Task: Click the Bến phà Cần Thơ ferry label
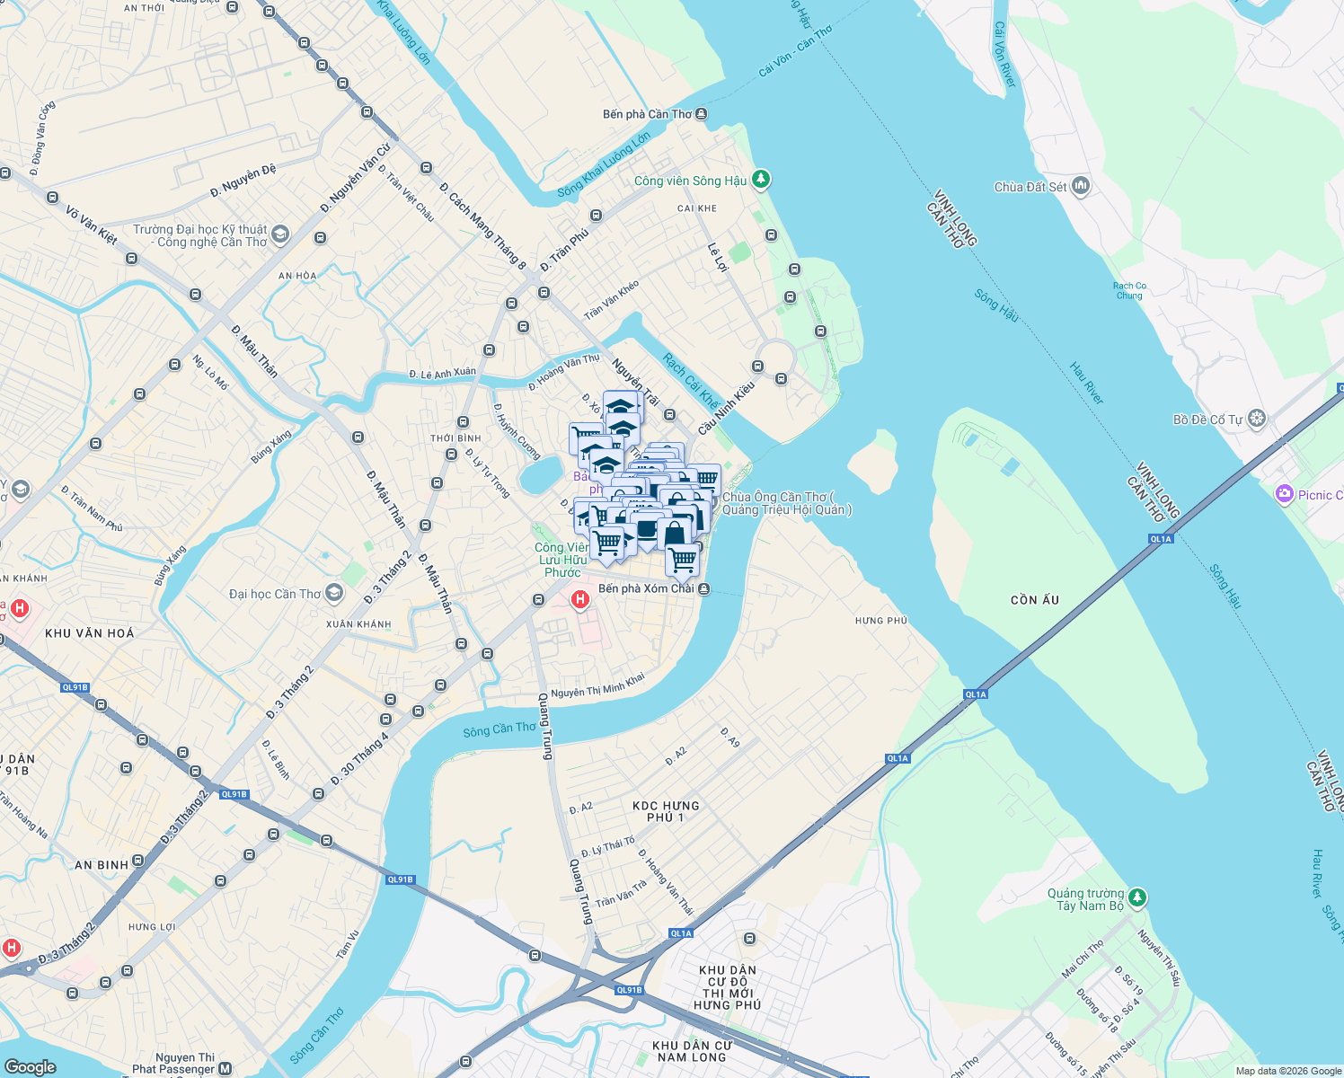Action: pyautogui.click(x=647, y=114)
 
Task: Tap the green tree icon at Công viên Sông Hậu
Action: pyautogui.click(x=761, y=180)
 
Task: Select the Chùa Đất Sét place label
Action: pyautogui.click(x=1030, y=187)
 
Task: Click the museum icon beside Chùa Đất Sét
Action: pyautogui.click(x=1081, y=186)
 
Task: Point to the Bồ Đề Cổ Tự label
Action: pyautogui.click(x=1207, y=420)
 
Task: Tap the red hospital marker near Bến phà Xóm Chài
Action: pyautogui.click(x=580, y=599)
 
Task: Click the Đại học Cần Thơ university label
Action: pyautogui.click(x=275, y=594)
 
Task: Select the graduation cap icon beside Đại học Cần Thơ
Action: pyautogui.click(x=334, y=592)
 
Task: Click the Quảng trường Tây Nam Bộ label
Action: pyautogui.click(x=1085, y=899)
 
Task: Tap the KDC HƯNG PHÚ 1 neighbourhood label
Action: pyautogui.click(x=665, y=811)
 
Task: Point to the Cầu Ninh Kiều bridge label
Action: pyautogui.click(x=726, y=409)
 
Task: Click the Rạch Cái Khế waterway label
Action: pyautogui.click(x=691, y=381)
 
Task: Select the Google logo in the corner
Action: pyautogui.click(x=30, y=1066)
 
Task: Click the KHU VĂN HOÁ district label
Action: pyautogui.click(x=89, y=633)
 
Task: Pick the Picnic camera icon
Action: pyautogui.click(x=1284, y=494)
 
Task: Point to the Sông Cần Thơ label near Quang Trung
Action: pyautogui.click(x=500, y=730)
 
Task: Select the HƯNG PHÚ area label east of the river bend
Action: pyautogui.click(x=880, y=621)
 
